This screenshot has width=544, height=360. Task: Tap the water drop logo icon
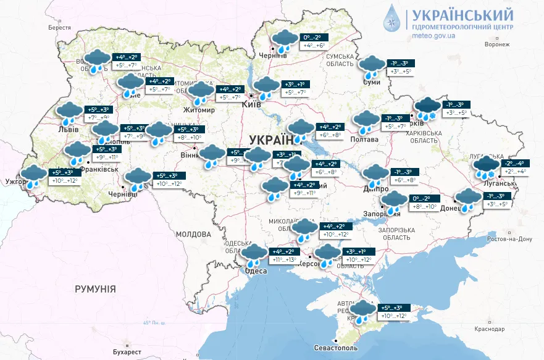click(x=392, y=19)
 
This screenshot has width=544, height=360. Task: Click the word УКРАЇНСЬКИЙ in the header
click(x=462, y=14)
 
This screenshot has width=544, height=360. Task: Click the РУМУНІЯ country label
click(x=95, y=288)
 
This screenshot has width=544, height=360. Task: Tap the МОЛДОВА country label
click(x=193, y=235)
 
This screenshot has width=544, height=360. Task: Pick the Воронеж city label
click(x=497, y=45)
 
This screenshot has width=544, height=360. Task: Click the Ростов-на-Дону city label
click(x=509, y=239)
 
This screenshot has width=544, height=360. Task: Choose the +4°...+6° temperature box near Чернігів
click(x=314, y=46)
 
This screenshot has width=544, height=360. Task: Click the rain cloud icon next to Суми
click(x=371, y=67)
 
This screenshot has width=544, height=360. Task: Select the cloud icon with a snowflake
click(x=427, y=109)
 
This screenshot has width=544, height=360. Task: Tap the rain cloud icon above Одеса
click(x=253, y=255)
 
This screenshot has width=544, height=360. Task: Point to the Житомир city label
click(x=199, y=111)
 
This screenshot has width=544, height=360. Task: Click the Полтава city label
click(x=366, y=140)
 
